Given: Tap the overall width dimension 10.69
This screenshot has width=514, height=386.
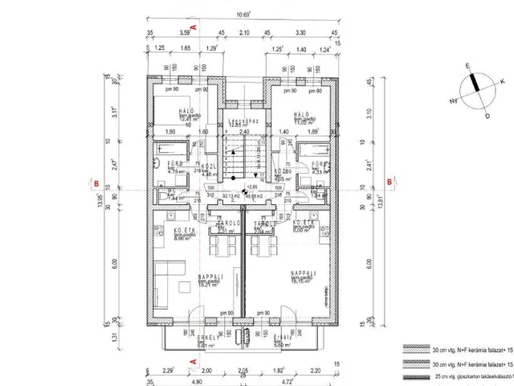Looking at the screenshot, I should point(242,13).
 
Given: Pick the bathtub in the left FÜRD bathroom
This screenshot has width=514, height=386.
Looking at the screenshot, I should point(170,149).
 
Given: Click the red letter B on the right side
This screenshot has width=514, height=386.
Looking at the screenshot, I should point(390,182).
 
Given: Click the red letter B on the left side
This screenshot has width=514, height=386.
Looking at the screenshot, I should point(95,182).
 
